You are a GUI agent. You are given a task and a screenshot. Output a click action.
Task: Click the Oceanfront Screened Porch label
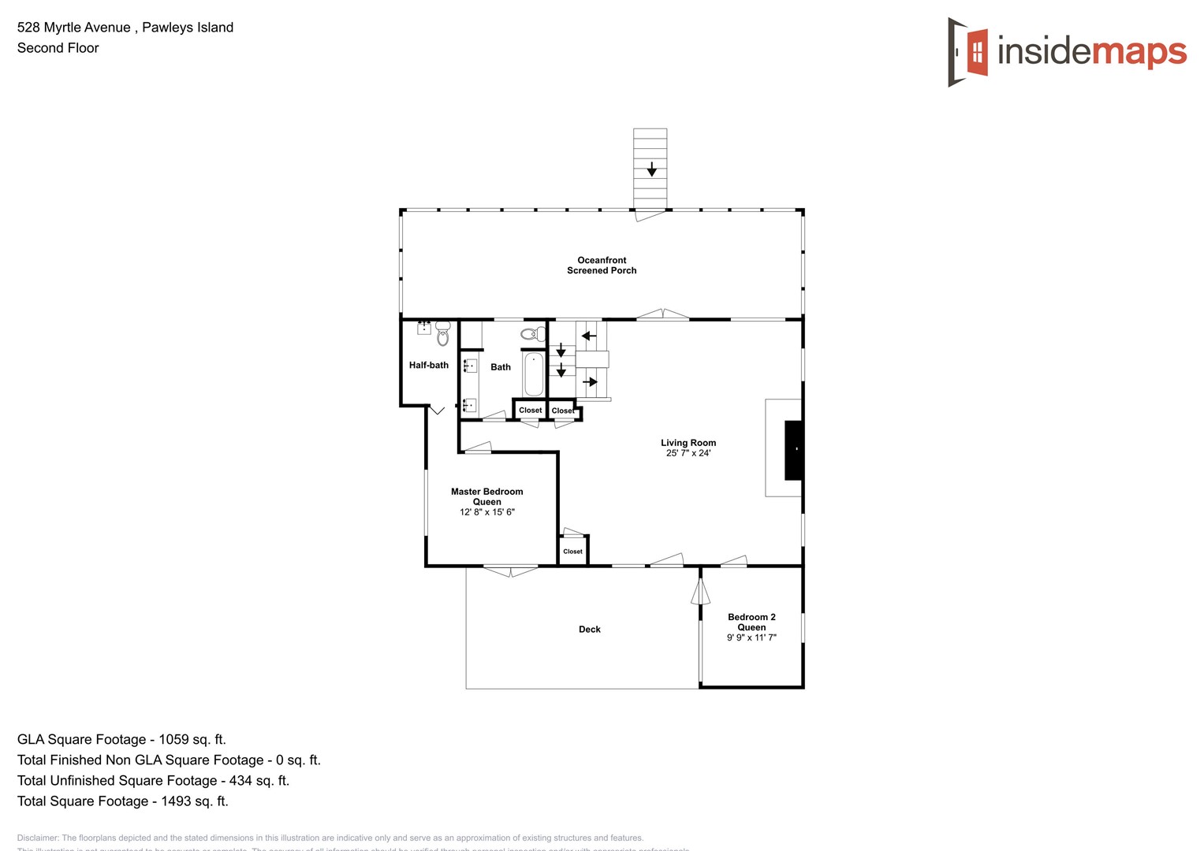tap(602, 266)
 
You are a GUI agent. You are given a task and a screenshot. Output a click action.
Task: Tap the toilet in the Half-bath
tap(442, 333)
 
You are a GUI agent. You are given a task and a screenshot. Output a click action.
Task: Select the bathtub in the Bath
tap(534, 374)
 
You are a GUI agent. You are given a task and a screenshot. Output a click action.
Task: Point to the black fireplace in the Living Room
tap(793, 450)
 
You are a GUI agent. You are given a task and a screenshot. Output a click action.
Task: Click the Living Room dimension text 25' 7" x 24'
tap(688, 453)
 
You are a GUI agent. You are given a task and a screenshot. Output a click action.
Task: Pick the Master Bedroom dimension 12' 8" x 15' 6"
tap(486, 512)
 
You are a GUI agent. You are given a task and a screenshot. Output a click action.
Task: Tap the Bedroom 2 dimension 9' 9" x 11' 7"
tap(751, 637)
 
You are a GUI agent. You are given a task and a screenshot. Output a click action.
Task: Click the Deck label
tap(589, 630)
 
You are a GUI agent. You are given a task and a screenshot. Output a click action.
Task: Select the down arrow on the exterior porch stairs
tap(651, 169)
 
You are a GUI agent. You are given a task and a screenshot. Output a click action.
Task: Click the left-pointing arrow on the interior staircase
tap(588, 336)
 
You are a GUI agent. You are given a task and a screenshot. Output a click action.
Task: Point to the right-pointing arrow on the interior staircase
tap(590, 382)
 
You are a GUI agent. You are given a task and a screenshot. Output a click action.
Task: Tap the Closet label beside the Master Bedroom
tap(572, 552)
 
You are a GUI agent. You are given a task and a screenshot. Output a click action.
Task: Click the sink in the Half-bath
tap(424, 328)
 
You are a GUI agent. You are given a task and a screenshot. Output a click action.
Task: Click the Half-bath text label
tap(428, 366)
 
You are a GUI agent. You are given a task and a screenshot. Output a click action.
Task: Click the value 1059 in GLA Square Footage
tap(173, 739)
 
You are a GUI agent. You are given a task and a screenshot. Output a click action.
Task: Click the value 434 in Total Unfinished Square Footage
tap(240, 780)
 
